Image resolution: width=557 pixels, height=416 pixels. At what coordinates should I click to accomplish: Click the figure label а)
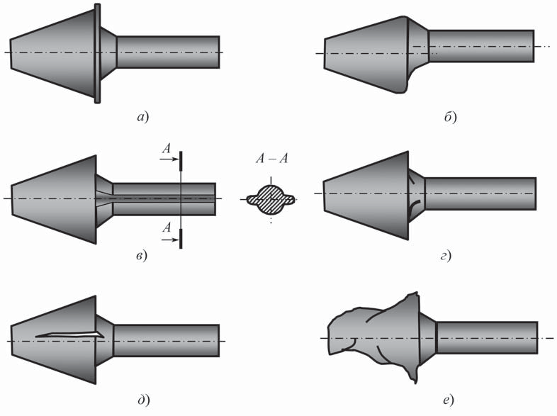click(x=143, y=117)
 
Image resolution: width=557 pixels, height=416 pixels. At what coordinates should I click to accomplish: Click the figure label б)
click(x=450, y=116)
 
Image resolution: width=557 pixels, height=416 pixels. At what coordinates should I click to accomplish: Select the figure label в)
click(x=142, y=255)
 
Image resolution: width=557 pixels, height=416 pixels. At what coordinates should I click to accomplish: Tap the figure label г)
click(x=446, y=255)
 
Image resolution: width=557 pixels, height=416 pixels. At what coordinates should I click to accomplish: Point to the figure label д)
click(x=143, y=400)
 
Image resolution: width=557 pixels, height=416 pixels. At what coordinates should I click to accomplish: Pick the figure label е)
click(x=449, y=400)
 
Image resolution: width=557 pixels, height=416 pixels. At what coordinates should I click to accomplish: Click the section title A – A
click(x=271, y=159)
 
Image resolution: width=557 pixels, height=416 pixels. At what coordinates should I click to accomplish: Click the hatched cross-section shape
click(x=271, y=199)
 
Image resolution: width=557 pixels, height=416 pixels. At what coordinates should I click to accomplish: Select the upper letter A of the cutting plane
click(x=167, y=149)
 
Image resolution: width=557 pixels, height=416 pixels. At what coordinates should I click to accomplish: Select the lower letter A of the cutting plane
click(x=167, y=227)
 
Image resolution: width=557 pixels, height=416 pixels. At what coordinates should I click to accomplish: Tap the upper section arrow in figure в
click(x=169, y=159)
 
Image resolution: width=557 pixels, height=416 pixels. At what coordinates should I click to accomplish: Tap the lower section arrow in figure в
click(x=170, y=240)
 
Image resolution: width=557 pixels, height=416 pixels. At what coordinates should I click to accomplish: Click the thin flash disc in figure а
click(x=97, y=54)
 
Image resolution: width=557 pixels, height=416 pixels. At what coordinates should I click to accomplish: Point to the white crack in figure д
click(x=69, y=335)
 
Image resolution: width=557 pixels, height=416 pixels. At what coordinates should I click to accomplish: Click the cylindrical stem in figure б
click(x=481, y=46)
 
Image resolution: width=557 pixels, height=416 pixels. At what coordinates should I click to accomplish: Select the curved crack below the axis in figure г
click(x=413, y=208)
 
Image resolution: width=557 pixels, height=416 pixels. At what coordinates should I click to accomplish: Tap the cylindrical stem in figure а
click(x=168, y=52)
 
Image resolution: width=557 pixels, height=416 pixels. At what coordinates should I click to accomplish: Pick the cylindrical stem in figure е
click(x=487, y=337)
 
